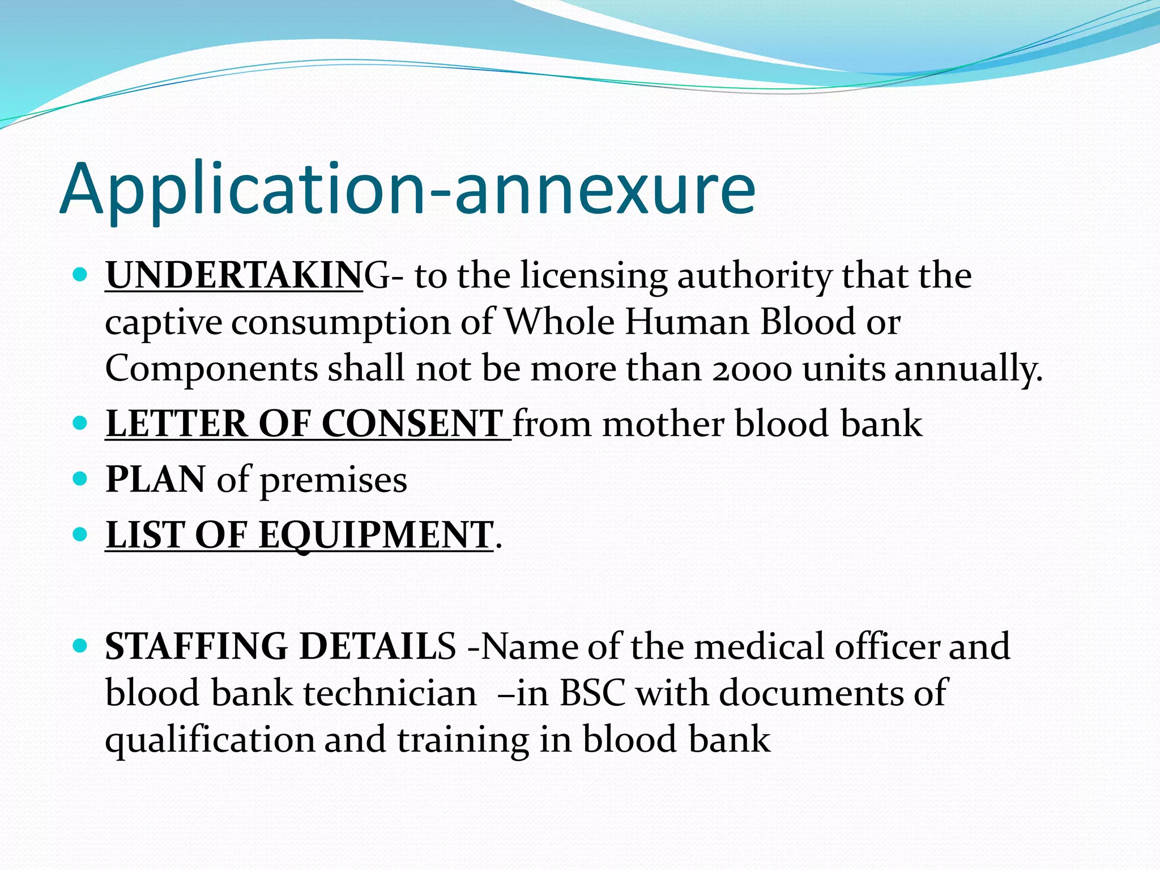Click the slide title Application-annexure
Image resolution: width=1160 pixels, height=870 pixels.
tap(407, 189)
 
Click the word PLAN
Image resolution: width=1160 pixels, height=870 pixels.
tap(155, 480)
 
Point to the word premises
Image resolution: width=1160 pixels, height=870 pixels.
tap(333, 481)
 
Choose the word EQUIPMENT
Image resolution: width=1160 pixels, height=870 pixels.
tap(376, 535)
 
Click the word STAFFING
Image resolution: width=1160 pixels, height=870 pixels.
tap(196, 646)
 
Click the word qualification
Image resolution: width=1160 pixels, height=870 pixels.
tap(210, 740)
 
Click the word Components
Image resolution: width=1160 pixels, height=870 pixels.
tap(211, 369)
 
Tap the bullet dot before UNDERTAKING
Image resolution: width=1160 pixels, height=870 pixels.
tap(80, 275)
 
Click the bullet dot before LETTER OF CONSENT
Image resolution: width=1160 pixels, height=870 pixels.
tap(80, 423)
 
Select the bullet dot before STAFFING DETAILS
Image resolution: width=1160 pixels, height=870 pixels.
tap(80, 645)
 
